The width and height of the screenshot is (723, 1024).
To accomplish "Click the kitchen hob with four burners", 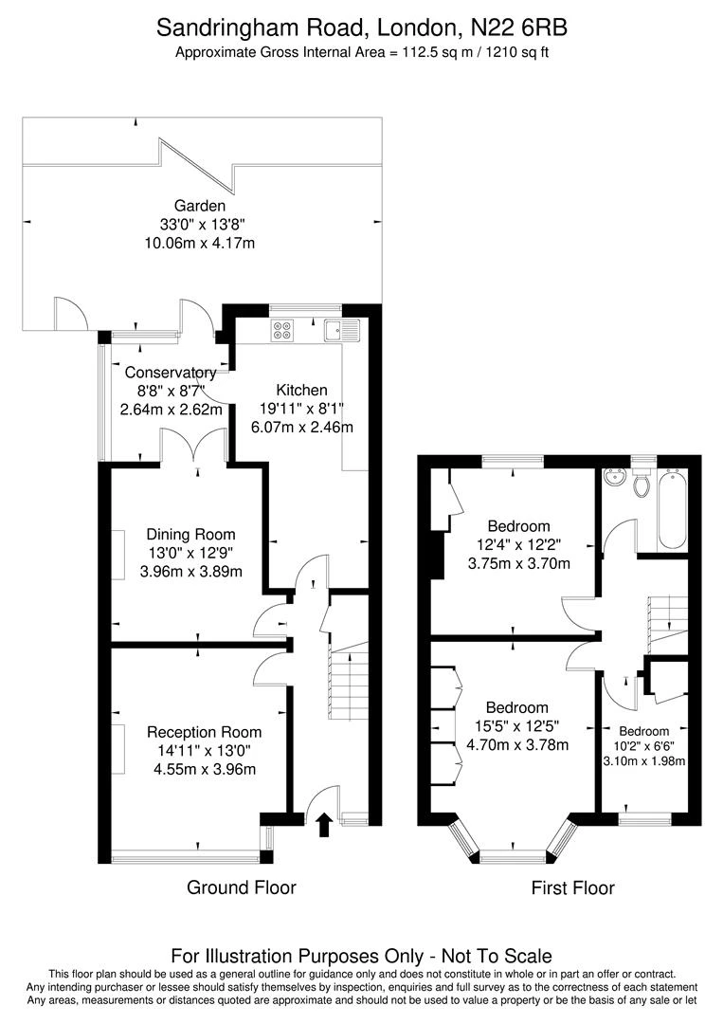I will point(283,330).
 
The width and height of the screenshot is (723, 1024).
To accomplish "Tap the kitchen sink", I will point(339,330).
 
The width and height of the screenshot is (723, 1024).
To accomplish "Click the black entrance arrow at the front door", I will point(324,824).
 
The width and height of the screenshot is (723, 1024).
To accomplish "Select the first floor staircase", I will point(667,615).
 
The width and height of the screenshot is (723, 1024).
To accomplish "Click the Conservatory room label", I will point(171,373).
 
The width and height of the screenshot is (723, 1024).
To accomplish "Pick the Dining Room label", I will point(190,535).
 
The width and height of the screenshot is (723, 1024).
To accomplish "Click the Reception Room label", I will point(204,732).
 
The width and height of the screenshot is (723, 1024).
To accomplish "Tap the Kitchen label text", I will point(301,390).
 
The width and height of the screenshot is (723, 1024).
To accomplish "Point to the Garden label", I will point(200,206).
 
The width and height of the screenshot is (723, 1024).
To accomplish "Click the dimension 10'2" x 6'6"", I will point(644,746).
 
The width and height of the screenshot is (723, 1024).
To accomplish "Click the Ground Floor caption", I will point(242,887).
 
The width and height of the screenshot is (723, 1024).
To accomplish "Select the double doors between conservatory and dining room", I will point(193,446).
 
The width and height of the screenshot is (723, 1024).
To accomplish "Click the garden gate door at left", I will point(70,314).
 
